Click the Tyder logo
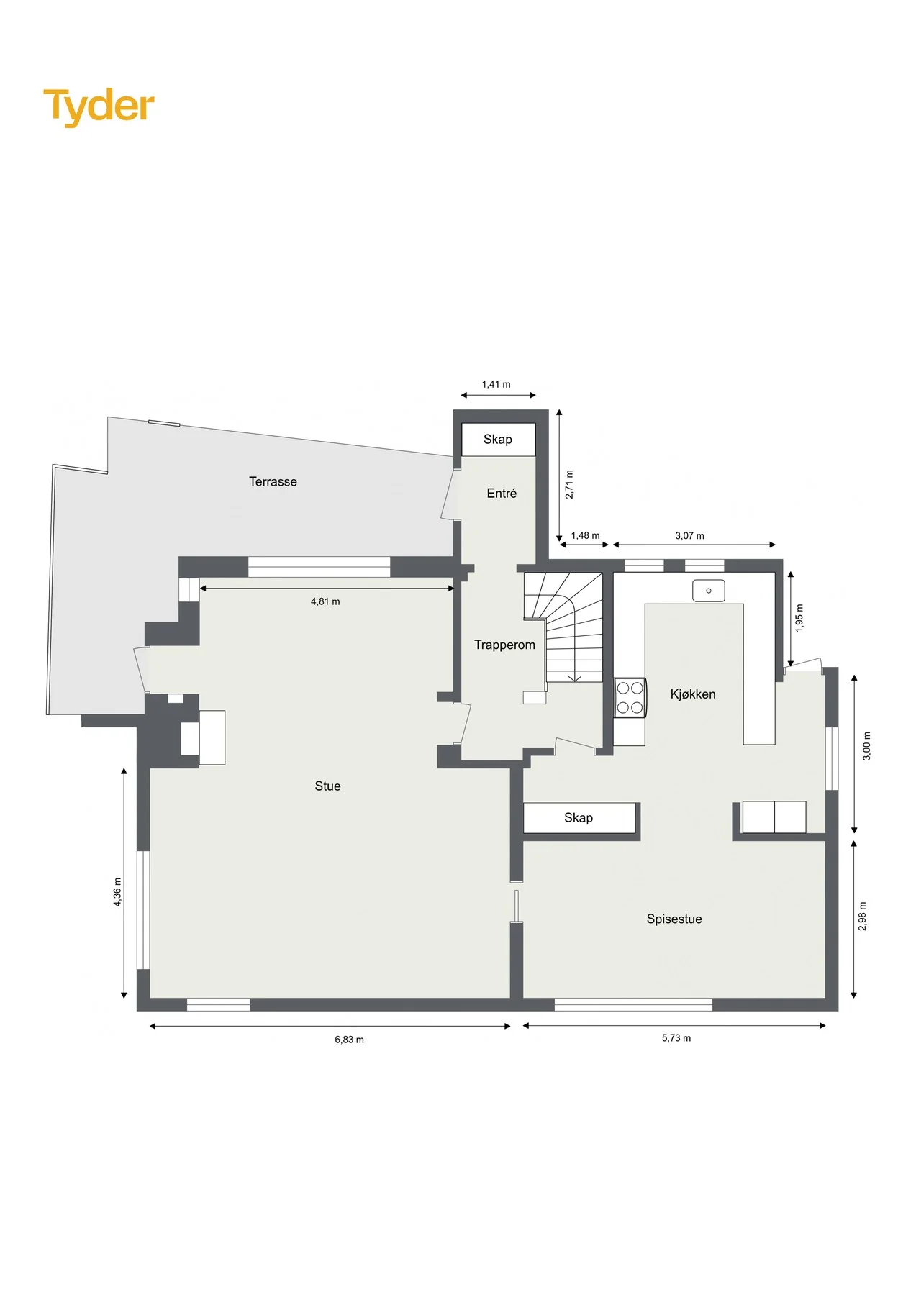99,106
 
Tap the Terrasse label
273,482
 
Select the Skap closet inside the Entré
498,440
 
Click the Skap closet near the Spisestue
579,818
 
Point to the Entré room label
502,494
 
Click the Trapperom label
504,645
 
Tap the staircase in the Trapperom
563,627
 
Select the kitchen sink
709,591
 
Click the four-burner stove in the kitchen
630,698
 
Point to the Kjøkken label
693,694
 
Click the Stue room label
327,786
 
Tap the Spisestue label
674,919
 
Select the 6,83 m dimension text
349,1040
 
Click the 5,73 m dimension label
676,1038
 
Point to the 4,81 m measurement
325,601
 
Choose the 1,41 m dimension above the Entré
496,384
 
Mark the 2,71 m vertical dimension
569,484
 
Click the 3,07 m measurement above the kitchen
689,535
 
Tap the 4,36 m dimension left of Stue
117,892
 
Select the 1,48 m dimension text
585,535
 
